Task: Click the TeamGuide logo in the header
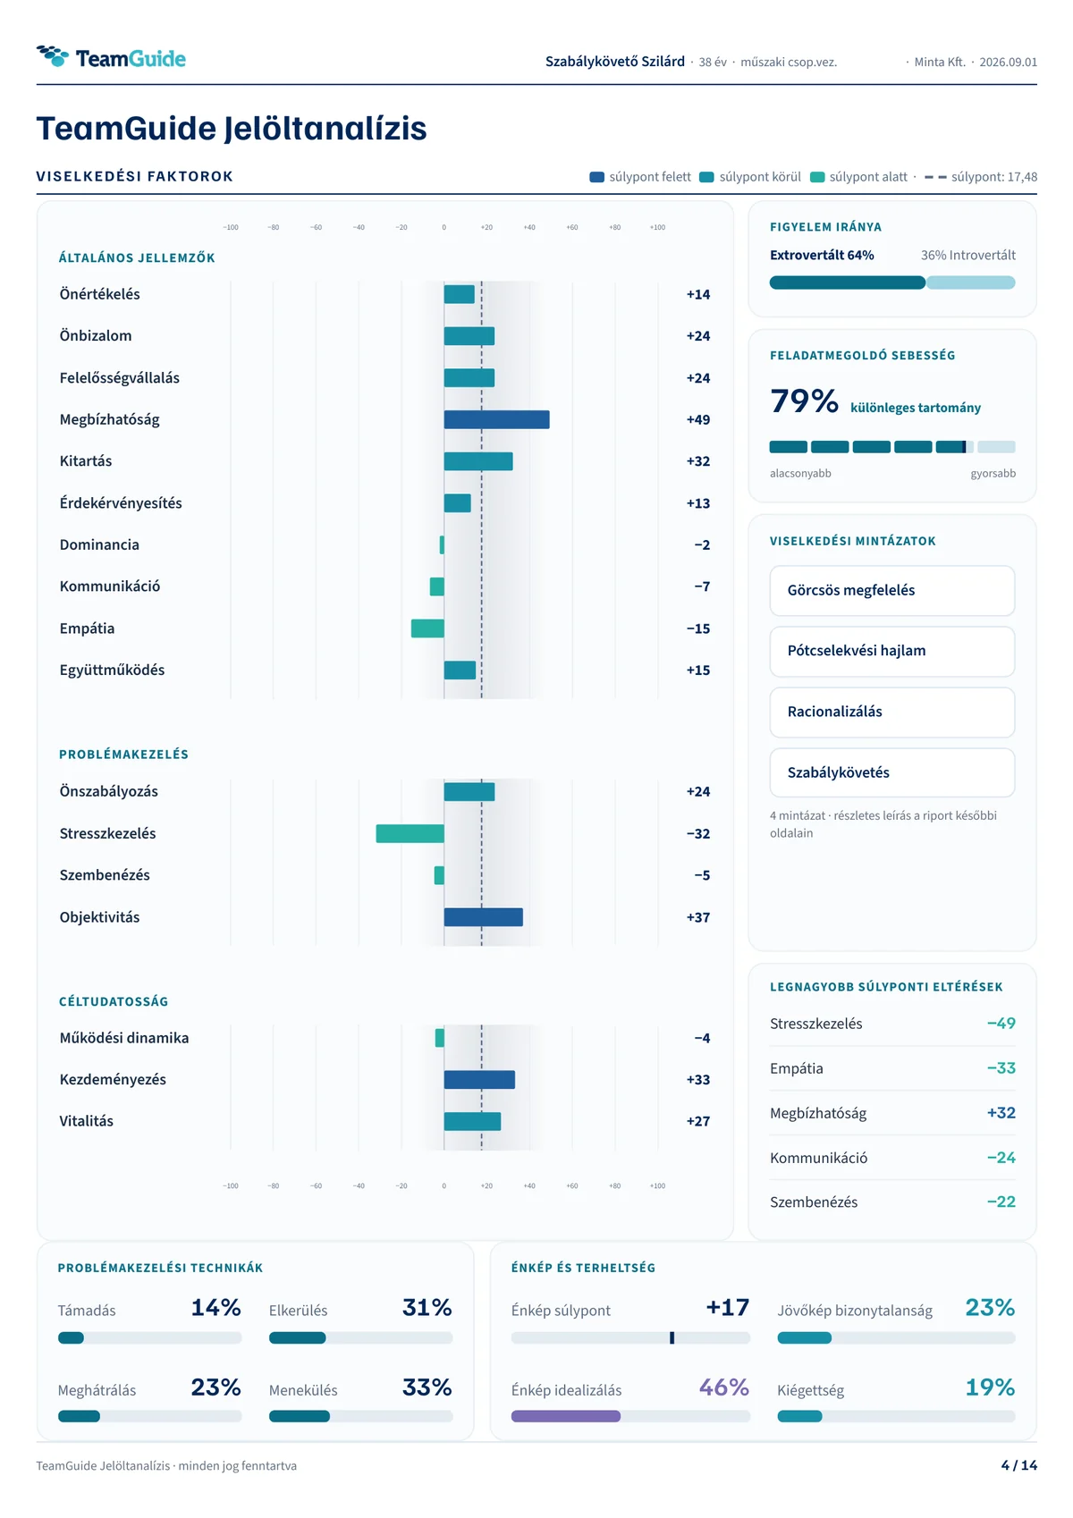[111, 58]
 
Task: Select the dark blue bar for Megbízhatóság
[496, 419]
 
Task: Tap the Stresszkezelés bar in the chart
[410, 833]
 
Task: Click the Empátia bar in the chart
[427, 628]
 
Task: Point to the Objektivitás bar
[483, 917]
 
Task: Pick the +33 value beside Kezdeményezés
[697, 1080]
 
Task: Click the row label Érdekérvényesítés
[121, 502]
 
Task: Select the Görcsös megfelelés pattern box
[891, 590]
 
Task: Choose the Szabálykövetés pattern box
[891, 772]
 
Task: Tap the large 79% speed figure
[804, 401]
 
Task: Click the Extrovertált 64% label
[822, 256]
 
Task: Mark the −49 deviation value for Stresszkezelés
[1001, 1024]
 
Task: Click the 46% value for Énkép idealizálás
[724, 1387]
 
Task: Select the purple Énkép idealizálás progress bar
[565, 1416]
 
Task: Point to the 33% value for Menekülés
[427, 1387]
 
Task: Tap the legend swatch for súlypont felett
[596, 177]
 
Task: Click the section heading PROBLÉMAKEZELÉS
[124, 755]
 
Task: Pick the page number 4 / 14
[1018, 1465]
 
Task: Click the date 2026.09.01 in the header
[1008, 62]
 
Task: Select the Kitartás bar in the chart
[477, 461]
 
